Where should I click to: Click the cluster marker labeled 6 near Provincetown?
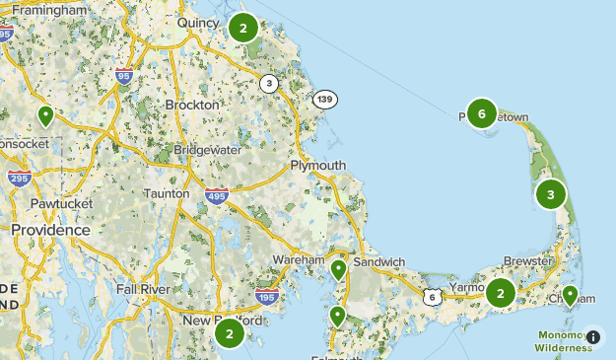pyautogui.click(x=481, y=113)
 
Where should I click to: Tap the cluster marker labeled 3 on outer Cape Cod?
pyautogui.click(x=551, y=194)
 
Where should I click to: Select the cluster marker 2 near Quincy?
pyautogui.click(x=242, y=28)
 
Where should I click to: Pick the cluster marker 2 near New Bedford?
pyautogui.click(x=229, y=333)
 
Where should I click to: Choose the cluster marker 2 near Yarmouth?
pyautogui.click(x=501, y=292)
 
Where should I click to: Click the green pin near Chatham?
pyautogui.click(x=570, y=294)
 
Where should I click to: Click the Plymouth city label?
pyautogui.click(x=318, y=165)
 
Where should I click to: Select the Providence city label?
pyautogui.click(x=50, y=229)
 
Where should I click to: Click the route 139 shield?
pyautogui.click(x=325, y=100)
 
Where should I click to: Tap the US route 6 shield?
pyautogui.click(x=432, y=296)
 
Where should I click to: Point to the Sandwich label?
pyautogui.click(x=378, y=261)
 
